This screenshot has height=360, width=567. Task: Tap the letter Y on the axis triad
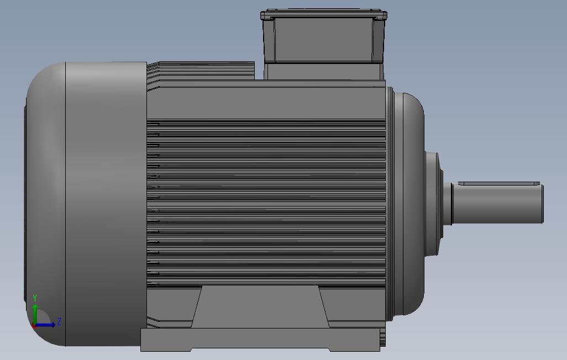click(35, 298)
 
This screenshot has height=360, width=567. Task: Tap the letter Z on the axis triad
click(59, 322)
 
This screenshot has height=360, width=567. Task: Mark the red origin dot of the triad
click(34, 325)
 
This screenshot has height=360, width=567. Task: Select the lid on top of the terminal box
click(324, 13)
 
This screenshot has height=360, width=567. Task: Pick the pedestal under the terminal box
click(324, 71)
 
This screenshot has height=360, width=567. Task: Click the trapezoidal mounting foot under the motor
click(260, 306)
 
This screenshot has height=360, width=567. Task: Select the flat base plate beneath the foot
click(260, 339)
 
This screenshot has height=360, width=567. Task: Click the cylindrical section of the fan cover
click(105, 204)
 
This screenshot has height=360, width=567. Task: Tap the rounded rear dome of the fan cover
click(44, 204)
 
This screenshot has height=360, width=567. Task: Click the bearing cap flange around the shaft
click(433, 204)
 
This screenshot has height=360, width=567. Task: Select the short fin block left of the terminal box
click(204, 71)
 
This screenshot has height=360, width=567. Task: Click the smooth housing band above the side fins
click(265, 102)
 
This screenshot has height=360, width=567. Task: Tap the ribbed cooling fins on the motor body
click(265, 204)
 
